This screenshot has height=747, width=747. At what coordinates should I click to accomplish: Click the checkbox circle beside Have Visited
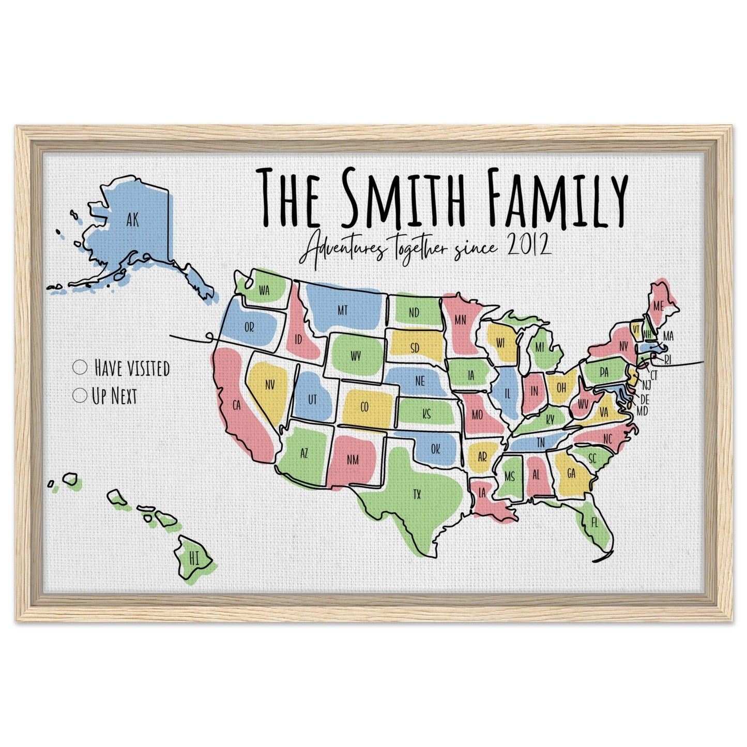tap(80, 368)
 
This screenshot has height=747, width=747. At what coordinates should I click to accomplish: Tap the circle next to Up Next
tap(80, 396)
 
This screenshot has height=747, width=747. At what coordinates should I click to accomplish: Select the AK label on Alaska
tap(132, 221)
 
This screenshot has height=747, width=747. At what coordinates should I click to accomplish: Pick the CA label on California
tap(237, 406)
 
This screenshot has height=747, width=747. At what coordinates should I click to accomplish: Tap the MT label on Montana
tap(342, 310)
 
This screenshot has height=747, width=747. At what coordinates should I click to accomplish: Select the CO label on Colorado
tap(364, 407)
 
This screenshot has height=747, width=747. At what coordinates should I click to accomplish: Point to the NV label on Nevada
tap(269, 385)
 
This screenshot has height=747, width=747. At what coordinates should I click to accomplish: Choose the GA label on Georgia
tap(571, 474)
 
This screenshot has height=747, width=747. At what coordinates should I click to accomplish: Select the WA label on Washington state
tap(264, 291)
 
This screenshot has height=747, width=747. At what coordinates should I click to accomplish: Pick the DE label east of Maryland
tap(644, 400)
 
